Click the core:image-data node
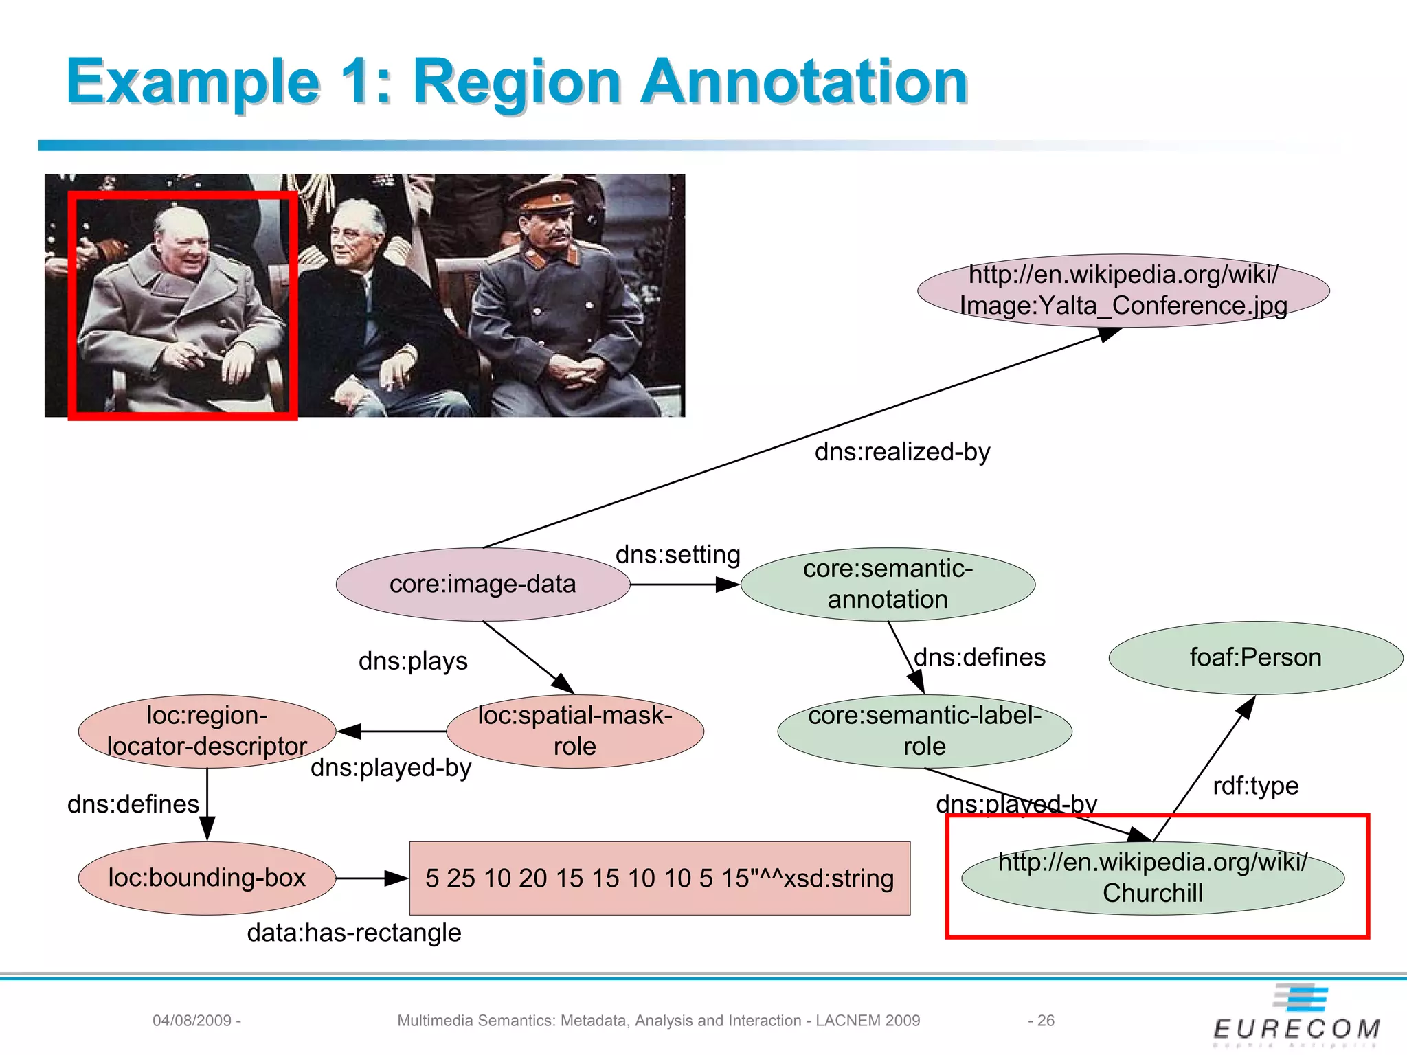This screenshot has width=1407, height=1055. point(482,585)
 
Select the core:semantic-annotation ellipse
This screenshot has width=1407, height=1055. point(888,585)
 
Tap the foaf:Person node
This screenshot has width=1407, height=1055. point(1255,658)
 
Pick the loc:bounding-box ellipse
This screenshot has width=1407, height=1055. point(207,878)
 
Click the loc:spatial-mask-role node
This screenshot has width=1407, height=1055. point(575,731)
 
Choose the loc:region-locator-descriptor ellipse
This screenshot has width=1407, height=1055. point(207,731)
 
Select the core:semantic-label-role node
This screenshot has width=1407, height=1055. point(924,731)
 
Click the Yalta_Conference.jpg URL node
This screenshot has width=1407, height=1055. point(1123,291)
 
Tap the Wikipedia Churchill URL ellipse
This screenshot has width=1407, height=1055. point(1153,878)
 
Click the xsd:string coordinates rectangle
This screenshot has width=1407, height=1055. point(660,878)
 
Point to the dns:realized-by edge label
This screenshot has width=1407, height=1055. point(902,452)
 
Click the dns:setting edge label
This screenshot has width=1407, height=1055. point(677,554)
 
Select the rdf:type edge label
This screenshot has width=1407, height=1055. point(1255,786)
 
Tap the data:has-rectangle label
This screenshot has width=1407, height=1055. point(354,933)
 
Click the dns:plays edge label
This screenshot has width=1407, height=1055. point(413,661)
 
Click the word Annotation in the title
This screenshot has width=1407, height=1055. point(804,82)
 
